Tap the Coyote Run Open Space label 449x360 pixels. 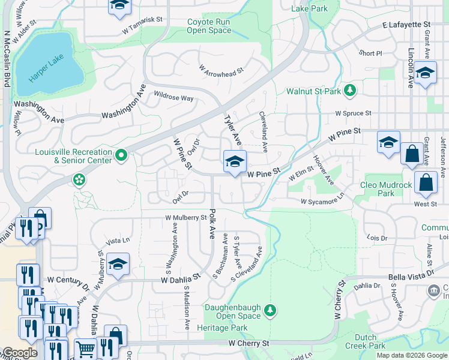point(209,26)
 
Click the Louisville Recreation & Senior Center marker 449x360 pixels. point(121,155)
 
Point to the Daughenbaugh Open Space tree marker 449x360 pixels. point(271,309)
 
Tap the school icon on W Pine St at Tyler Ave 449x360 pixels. point(235,160)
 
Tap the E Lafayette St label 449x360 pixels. point(407,25)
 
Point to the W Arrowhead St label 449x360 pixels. point(221,71)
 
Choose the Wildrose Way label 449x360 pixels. point(173,97)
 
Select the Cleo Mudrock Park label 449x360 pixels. point(386,189)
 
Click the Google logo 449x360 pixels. point(20,353)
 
